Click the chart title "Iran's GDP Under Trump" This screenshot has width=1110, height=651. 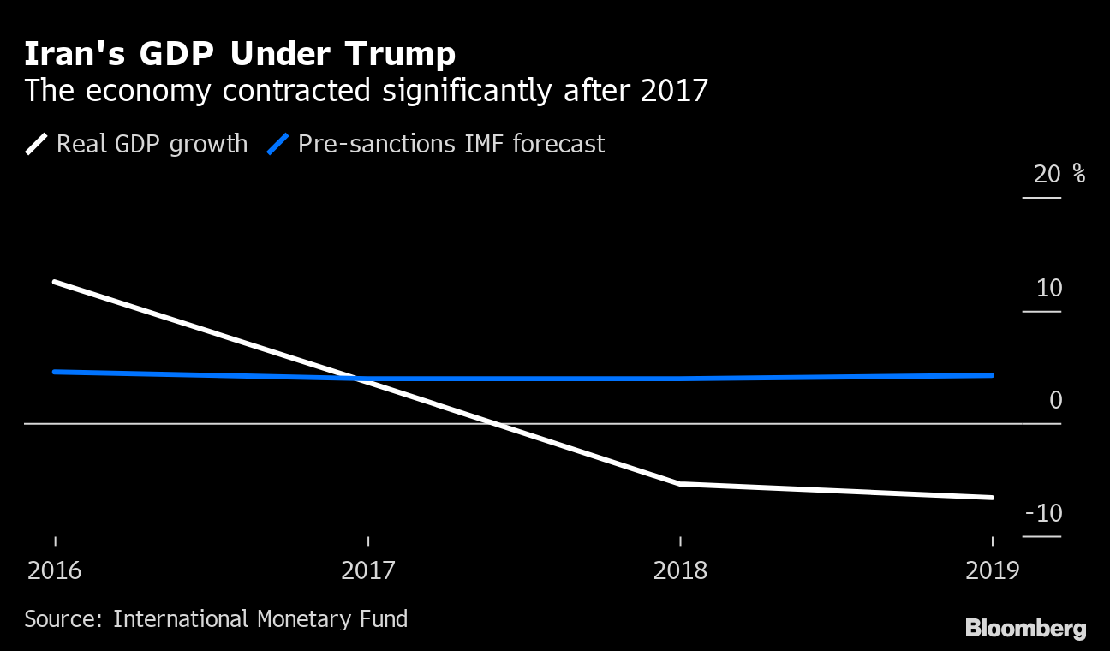click(x=239, y=54)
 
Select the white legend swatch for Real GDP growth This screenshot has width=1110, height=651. click(x=37, y=144)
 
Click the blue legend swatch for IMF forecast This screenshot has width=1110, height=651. click(x=278, y=144)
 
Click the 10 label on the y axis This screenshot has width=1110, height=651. click(x=1049, y=288)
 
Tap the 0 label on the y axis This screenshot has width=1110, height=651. click(x=1055, y=400)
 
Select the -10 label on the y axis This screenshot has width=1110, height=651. click(x=1043, y=513)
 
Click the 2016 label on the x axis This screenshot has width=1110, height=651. click(x=55, y=570)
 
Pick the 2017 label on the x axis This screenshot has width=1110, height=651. click(x=367, y=570)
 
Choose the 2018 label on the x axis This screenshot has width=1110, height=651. click(x=680, y=570)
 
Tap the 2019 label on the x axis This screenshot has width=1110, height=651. click(x=993, y=570)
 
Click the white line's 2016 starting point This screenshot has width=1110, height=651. click(x=55, y=282)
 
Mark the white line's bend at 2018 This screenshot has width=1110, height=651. click(x=680, y=484)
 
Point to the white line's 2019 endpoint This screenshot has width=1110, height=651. click(x=992, y=497)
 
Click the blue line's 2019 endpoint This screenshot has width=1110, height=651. click(x=992, y=375)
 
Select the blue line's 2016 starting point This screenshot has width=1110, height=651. click(x=55, y=372)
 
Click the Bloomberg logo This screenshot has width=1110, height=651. click(x=1025, y=629)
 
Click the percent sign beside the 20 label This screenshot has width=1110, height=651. click(x=1078, y=175)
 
